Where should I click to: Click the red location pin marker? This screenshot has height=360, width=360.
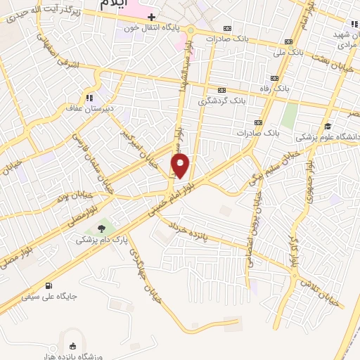click(x=181, y=167)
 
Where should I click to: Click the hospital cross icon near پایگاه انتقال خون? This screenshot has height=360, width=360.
click(x=151, y=16)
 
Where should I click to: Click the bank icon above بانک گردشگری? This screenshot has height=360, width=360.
click(x=222, y=90)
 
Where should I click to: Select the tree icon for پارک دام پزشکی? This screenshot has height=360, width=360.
click(x=103, y=229)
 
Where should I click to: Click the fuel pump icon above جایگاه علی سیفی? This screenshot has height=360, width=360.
click(x=49, y=285)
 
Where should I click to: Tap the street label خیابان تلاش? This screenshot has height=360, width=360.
click(x=320, y=292)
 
